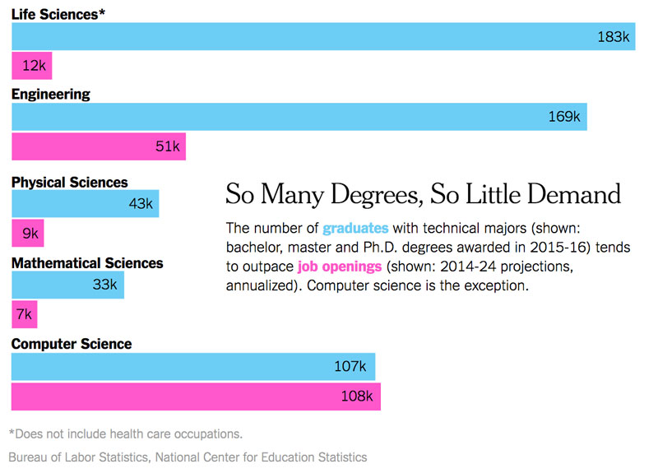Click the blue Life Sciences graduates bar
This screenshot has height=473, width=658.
[322, 36]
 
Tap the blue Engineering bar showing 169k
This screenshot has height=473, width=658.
[299, 117]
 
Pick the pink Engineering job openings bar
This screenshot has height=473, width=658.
[98, 146]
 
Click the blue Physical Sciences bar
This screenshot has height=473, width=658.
[85, 203]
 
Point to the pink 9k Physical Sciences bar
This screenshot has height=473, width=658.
[27, 234]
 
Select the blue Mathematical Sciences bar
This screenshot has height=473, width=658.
[67, 285]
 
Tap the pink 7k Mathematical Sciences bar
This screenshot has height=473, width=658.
[24, 314]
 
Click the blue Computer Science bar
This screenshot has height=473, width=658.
[193, 366]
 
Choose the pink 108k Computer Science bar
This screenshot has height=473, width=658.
[196, 396]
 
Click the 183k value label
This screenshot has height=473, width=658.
[613, 37]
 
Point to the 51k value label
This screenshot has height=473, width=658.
[167, 146]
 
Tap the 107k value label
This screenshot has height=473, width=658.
[354, 366]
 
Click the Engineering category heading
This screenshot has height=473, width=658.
[51, 94]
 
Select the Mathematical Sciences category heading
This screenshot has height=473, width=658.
[87, 263]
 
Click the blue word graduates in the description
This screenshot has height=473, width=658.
[355, 228]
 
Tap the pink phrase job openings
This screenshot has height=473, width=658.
[340, 267]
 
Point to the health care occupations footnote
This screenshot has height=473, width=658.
[125, 434]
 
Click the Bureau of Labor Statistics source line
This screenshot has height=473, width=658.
[188, 457]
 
